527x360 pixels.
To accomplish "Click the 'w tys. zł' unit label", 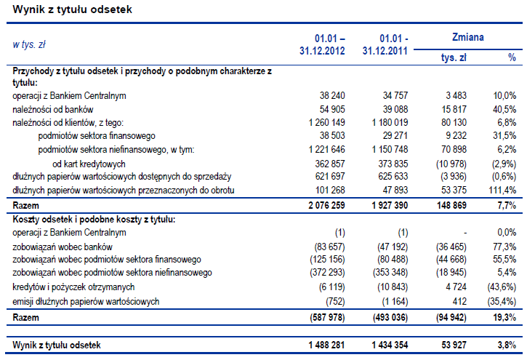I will (x=29, y=44).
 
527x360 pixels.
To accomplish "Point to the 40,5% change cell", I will (x=504, y=109).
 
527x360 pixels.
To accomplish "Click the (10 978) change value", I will (x=451, y=164).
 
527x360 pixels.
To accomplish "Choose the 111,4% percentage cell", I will (x=503, y=191).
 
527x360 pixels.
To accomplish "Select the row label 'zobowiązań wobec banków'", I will (x=60, y=247).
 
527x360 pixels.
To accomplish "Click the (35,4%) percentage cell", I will (x=501, y=301).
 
